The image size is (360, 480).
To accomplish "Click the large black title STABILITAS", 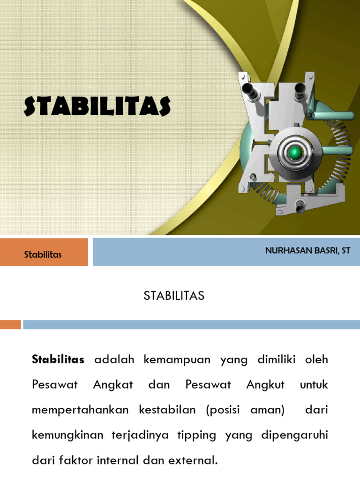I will pyautogui.click(x=97, y=106).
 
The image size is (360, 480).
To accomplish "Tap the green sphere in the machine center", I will pyautogui.click(x=295, y=151).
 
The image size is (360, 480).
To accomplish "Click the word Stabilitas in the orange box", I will pyautogui.click(x=43, y=254).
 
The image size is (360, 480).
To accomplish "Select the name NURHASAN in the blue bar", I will pyautogui.click(x=286, y=250).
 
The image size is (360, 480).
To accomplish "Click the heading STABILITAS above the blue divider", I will pyautogui.click(x=174, y=296).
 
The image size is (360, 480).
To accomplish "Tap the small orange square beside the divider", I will pyautogui.click(x=10, y=324).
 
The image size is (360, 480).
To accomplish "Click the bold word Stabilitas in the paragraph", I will pyautogui.click(x=58, y=360).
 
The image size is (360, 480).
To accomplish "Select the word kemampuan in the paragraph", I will pyautogui.click(x=172, y=360).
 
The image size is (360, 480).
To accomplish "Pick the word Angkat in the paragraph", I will pyautogui.click(x=113, y=385).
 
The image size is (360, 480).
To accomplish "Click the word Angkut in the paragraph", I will pyautogui.click(x=266, y=385).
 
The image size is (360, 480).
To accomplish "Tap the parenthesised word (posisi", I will pyautogui.click(x=222, y=410).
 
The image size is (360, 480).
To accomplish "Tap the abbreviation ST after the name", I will pyautogui.click(x=346, y=250).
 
